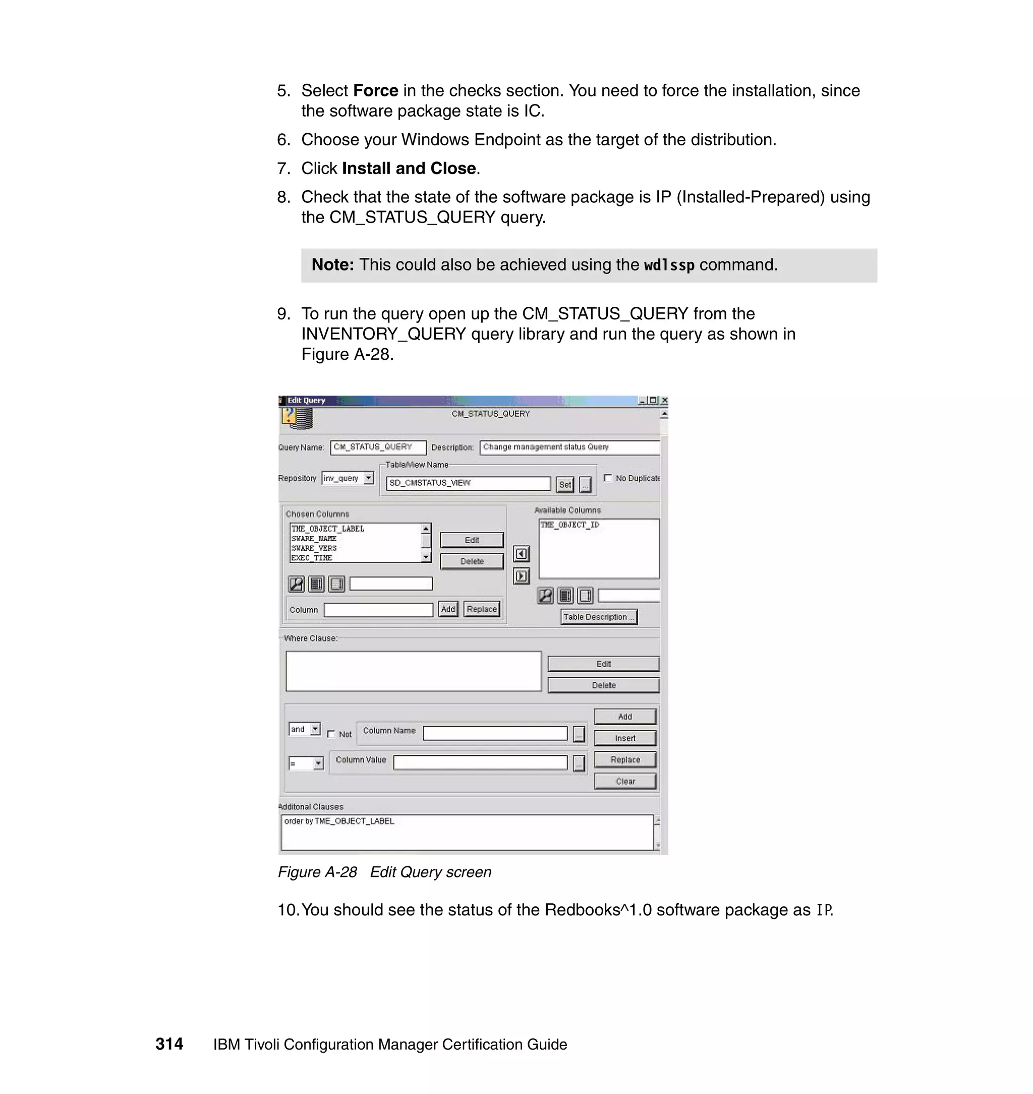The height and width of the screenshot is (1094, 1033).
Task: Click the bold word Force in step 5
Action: tap(376, 90)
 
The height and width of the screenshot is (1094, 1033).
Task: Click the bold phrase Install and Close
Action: tap(409, 168)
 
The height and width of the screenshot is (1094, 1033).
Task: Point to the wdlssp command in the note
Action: tap(668, 265)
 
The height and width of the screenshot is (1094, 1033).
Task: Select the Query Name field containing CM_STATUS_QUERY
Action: tap(378, 447)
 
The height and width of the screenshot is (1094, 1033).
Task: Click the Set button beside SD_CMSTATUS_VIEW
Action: tap(564, 484)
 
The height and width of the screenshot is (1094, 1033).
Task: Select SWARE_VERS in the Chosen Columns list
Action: tap(314, 548)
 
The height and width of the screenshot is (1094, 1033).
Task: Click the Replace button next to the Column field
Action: tap(481, 609)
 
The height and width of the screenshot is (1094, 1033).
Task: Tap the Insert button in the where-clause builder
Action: tap(625, 738)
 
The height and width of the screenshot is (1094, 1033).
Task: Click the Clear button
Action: tap(625, 781)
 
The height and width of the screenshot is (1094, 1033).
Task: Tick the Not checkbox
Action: tap(331, 734)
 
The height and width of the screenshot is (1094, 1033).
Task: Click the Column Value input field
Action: tap(480, 762)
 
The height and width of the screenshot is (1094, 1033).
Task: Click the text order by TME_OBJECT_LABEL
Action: tap(338, 821)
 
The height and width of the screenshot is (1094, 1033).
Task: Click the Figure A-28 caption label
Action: tap(317, 872)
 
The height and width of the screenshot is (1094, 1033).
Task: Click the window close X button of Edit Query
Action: tap(664, 400)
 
